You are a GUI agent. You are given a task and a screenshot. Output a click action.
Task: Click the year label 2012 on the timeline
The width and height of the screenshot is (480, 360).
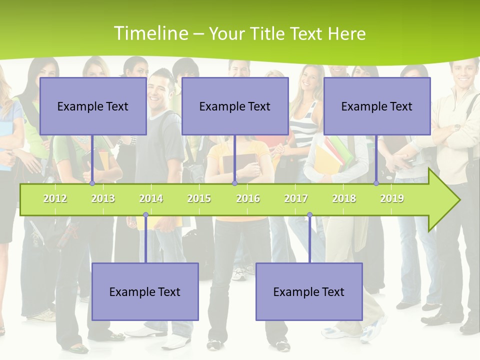tap(55, 198)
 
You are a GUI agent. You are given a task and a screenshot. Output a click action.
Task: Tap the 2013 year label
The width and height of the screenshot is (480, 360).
tap(103, 198)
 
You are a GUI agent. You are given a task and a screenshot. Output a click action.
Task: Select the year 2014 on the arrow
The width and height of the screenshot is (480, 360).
tap(151, 198)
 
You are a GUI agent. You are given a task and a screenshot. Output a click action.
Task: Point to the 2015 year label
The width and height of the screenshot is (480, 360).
tap(199, 198)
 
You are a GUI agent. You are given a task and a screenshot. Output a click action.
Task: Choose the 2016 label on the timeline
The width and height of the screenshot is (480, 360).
tap(248, 198)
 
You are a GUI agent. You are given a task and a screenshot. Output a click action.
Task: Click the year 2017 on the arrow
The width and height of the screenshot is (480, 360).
tap(296, 198)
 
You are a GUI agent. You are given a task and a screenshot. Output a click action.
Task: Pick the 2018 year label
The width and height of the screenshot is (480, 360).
tap(344, 198)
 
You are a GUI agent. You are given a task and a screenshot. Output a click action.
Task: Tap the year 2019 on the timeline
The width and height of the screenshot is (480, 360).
tap(392, 198)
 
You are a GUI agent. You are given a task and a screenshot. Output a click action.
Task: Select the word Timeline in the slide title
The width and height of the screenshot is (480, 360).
tap(150, 33)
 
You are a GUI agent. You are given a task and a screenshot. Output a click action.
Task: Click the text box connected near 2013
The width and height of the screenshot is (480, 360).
tap(93, 106)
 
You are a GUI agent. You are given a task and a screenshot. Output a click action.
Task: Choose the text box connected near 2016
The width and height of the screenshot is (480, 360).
tap(235, 106)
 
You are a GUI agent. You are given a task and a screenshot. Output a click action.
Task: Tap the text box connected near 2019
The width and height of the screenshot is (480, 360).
tap(377, 106)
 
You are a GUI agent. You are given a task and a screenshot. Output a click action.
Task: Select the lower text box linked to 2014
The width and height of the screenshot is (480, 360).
tap(145, 291)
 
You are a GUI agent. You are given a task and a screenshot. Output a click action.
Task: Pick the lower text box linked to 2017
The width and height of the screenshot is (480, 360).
tap(309, 291)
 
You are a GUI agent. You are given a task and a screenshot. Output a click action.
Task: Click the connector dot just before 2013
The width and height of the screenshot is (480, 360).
tap(92, 183)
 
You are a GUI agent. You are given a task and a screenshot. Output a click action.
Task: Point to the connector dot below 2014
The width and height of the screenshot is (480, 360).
tap(145, 215)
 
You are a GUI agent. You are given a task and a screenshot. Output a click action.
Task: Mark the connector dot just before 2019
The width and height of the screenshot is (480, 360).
tap(376, 183)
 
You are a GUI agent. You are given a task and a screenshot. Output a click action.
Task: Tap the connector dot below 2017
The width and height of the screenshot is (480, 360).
tap(309, 215)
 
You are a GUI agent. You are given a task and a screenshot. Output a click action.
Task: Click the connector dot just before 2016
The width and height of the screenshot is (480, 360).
tap(234, 183)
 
